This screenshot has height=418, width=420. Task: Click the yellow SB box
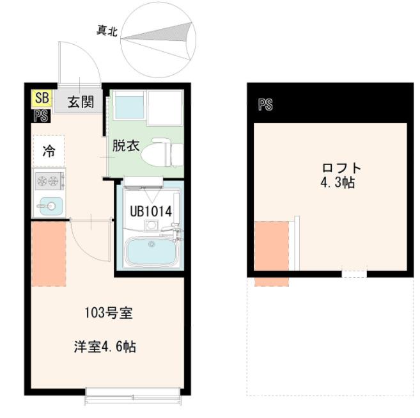[x=42, y=98]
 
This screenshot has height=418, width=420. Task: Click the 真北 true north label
[x=106, y=30]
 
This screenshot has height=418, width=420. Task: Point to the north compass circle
[x=159, y=37]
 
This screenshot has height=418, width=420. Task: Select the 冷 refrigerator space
[x=49, y=151]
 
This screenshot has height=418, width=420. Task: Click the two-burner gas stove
[x=49, y=182]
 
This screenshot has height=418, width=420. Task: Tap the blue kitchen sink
[x=49, y=205]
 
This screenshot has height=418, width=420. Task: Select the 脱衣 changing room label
[x=125, y=145]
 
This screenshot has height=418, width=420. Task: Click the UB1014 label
[x=150, y=211]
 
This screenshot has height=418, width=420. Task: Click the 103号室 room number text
[x=109, y=314]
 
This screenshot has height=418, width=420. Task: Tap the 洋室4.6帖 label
[x=104, y=347]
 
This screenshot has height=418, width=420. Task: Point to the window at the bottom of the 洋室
[x=134, y=398]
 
